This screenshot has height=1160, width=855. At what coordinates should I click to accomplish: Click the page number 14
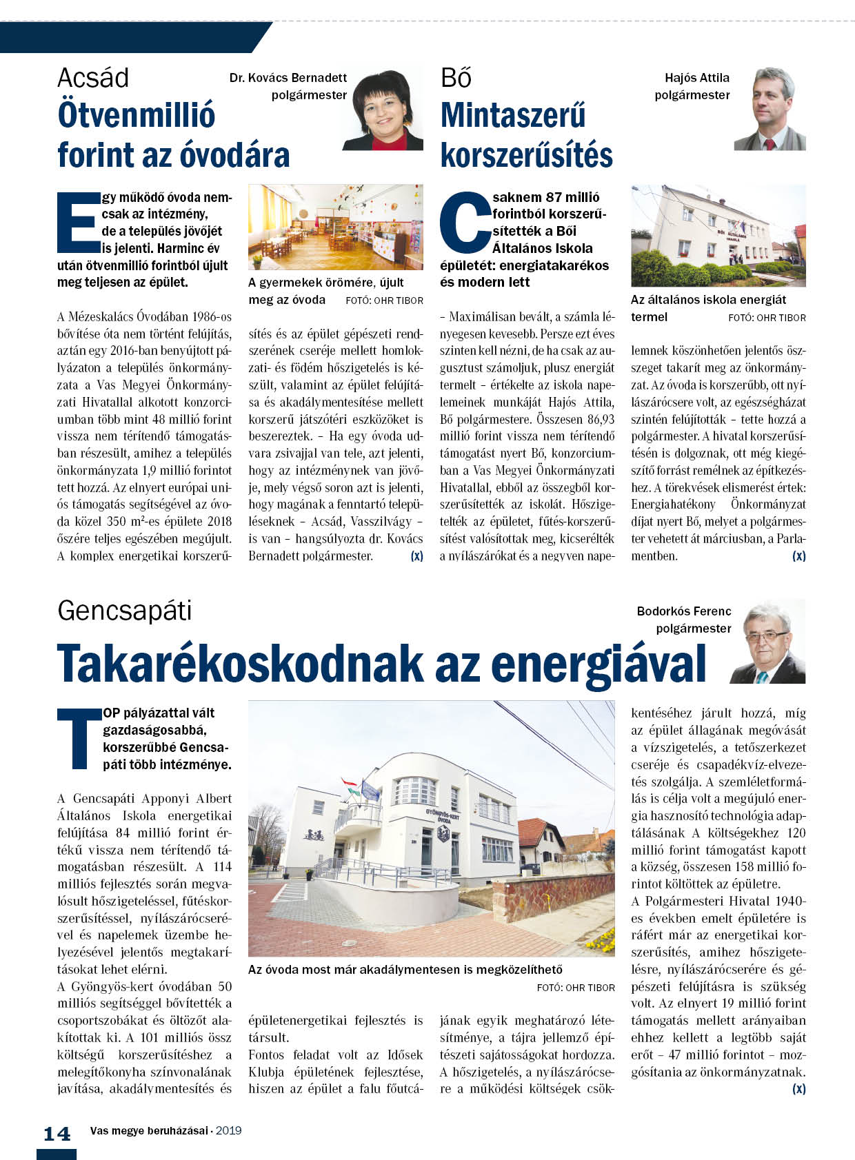[x=57, y=1134]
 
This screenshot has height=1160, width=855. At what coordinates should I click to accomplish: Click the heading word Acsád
[x=93, y=78]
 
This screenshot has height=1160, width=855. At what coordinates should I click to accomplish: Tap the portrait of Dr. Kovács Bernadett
[x=383, y=109]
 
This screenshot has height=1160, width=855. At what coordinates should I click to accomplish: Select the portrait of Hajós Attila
[x=770, y=109]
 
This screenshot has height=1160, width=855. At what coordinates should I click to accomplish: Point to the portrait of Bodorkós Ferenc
[x=767, y=642]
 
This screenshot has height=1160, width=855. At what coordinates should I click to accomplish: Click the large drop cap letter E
[x=77, y=223]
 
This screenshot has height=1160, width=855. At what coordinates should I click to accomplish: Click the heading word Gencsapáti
[x=125, y=611]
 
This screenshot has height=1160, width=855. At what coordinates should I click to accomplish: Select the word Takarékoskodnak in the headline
[x=239, y=663]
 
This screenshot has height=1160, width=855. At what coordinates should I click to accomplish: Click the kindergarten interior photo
[x=335, y=227]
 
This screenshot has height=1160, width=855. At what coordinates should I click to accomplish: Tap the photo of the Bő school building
[x=718, y=235]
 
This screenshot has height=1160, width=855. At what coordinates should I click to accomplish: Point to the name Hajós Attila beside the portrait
[x=696, y=78]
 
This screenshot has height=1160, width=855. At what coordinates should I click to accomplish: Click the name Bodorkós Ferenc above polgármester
[x=683, y=611]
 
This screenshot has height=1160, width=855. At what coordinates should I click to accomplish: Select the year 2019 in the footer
[x=228, y=1130]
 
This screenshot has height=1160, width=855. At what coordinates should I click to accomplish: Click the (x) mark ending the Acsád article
[x=416, y=556]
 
